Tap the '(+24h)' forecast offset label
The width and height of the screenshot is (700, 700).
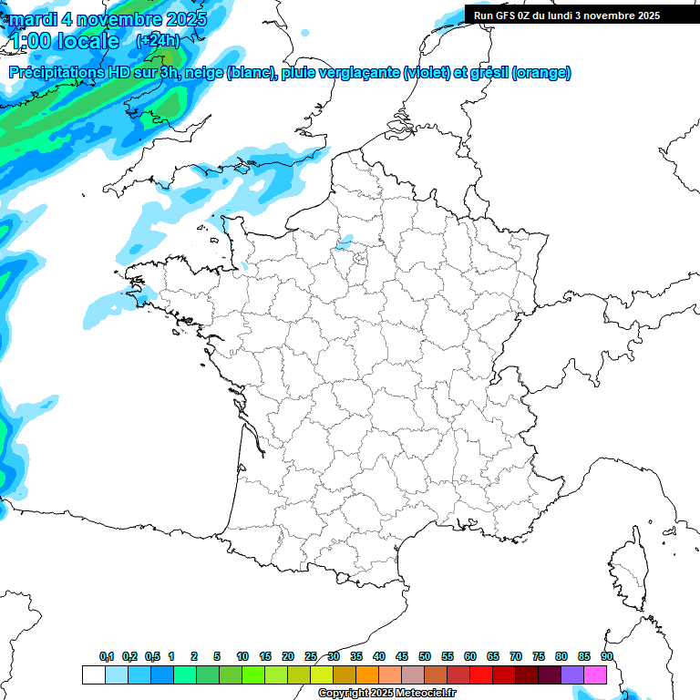pos(157,41)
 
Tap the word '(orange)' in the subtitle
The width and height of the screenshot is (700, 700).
pos(541,73)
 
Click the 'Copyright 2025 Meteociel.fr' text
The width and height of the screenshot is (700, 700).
pos(386,694)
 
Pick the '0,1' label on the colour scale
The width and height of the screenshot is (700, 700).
pos(107,657)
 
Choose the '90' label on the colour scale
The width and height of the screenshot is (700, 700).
pos(607,657)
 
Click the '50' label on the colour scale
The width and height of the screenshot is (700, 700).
pos(425,657)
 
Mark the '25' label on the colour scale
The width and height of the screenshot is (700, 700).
pos(311,657)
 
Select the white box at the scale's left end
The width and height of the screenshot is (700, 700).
pos(93,674)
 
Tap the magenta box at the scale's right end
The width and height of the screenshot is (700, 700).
pos(595,674)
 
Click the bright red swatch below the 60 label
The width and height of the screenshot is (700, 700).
pos(480,674)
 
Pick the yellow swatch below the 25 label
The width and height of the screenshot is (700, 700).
pos(321,674)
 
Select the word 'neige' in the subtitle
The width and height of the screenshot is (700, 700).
pos(203,73)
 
